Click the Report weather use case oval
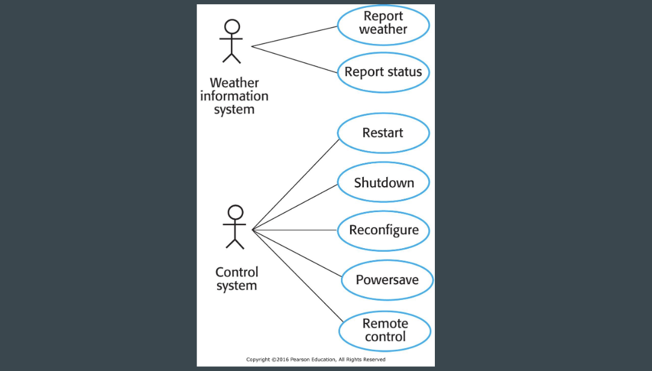pyautogui.click(x=383, y=23)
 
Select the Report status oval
pyautogui.click(x=383, y=72)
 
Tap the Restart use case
pyautogui.click(x=383, y=132)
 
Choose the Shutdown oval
pyautogui.click(x=384, y=182)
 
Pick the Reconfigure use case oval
pyautogui.click(x=384, y=230)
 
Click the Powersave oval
pyautogui.click(x=387, y=279)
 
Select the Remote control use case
pyautogui.click(x=385, y=331)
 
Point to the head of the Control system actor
pyautogui.click(x=236, y=212)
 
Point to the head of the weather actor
pyautogui.click(x=232, y=26)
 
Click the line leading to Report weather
pyautogui.click(x=295, y=36)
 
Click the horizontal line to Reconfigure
pyautogui.click(x=295, y=230)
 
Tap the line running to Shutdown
pyautogui.click(x=295, y=207)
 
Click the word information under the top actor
pyautogui.click(x=234, y=96)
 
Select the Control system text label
pyautogui.click(x=236, y=279)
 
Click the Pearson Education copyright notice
pyautogui.click(x=316, y=360)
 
